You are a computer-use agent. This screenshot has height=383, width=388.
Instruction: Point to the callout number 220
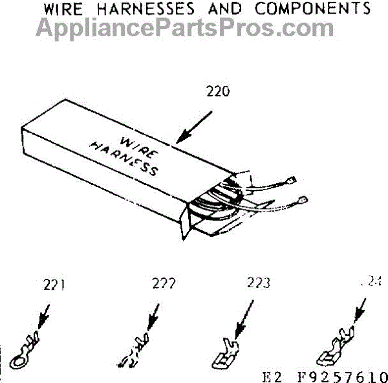pyautogui.click(x=217, y=91)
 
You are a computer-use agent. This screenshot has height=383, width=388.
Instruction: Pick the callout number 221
pyautogui.click(x=53, y=284)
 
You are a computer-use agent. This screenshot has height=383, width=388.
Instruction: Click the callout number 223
pyautogui.click(x=259, y=283)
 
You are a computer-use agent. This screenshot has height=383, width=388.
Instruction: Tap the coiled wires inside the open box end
pyautogui.click(x=220, y=204)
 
